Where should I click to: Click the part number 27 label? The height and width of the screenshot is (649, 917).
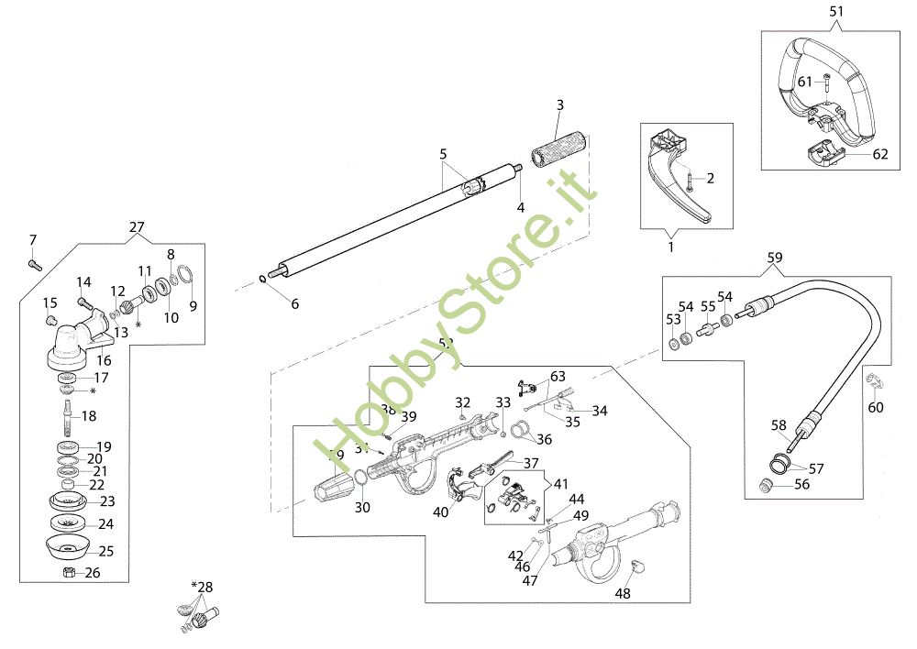point(137,227)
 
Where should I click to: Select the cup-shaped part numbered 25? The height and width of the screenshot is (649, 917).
point(67,551)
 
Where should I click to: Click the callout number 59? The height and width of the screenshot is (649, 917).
point(776,258)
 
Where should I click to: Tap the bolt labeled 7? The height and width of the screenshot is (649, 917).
point(34,263)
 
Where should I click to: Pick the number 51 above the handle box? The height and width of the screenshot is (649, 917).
point(835,12)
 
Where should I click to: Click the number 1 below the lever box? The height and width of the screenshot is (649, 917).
point(669,247)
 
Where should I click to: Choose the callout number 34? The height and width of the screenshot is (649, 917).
point(600,411)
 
